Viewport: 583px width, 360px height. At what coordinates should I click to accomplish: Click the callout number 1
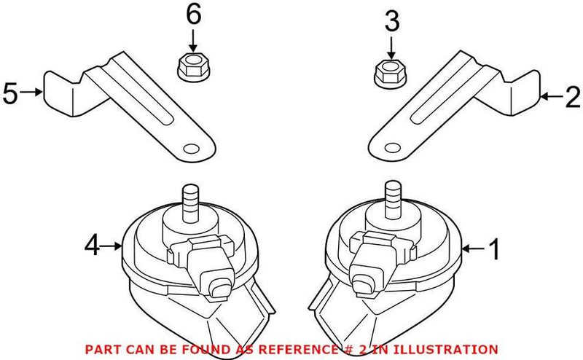coord(493,251)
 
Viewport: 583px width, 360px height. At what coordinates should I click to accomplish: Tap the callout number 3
coord(392,23)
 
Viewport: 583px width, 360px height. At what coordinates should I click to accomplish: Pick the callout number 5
coord(9,93)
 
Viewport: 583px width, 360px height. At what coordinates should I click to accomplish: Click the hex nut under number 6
coord(192,68)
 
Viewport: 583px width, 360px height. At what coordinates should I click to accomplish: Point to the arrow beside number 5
coord(32,93)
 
